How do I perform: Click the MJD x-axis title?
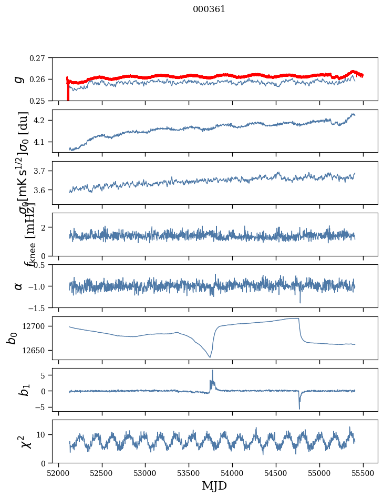tap(214, 485)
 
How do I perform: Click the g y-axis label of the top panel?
tap(19, 79)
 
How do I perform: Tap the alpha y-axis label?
tap(19, 286)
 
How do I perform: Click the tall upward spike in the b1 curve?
tap(212, 371)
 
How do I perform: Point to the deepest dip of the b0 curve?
tap(210, 357)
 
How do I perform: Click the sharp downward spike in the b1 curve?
tap(299, 408)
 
